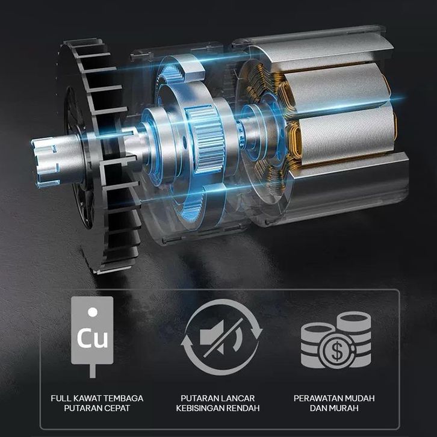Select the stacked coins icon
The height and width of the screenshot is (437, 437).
point(336,340)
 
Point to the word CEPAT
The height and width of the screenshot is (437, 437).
point(117,408)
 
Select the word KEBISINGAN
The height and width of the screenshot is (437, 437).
point(200,408)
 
